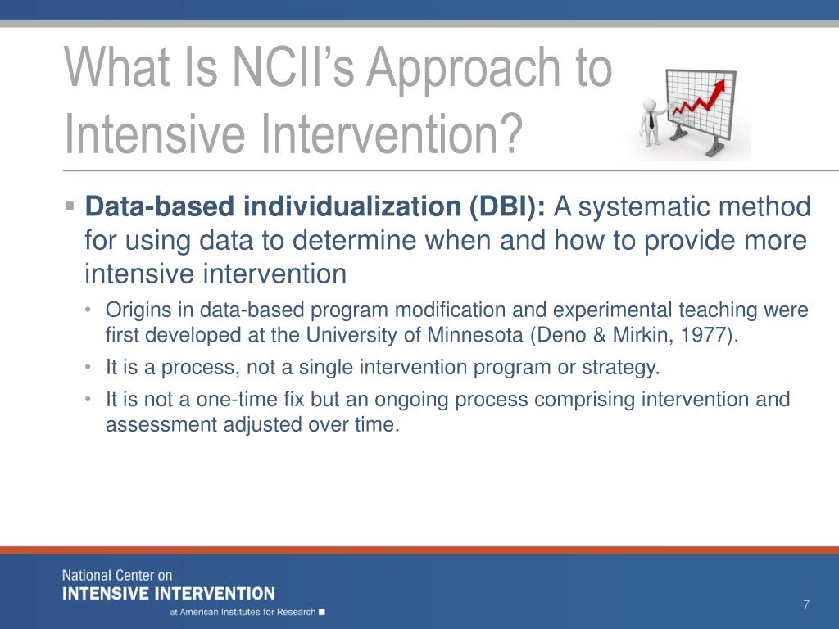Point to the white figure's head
click(650, 104)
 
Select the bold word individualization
click(352, 206)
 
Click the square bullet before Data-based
click(69, 206)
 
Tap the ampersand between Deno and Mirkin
click(599, 335)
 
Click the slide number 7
click(806, 604)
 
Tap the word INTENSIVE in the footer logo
click(104, 594)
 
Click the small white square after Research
click(321, 612)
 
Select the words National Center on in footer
click(117, 576)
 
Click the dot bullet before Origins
click(88, 310)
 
